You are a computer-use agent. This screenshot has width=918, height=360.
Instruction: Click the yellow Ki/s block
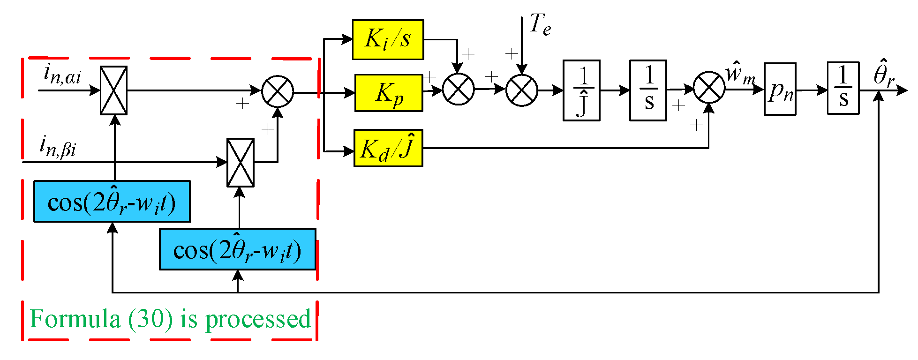tap(388, 39)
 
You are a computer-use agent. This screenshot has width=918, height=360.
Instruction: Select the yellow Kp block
tap(389, 93)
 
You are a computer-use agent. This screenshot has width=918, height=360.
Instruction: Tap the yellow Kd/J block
tap(388, 148)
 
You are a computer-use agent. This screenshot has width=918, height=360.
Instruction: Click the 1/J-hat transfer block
tap(581, 90)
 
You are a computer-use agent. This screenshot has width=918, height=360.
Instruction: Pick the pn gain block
tap(780, 89)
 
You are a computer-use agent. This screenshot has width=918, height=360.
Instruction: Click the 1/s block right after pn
tap(843, 88)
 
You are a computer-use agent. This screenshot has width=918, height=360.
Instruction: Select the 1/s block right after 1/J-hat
tap(648, 90)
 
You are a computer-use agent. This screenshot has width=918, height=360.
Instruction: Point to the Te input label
tap(540, 24)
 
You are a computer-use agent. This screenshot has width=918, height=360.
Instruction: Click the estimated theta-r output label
tap(884, 74)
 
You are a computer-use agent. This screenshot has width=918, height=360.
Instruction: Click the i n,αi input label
tap(62, 75)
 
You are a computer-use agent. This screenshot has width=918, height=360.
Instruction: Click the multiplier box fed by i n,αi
tap(113, 90)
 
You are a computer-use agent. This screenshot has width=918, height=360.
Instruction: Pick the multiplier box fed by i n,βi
tap(240, 162)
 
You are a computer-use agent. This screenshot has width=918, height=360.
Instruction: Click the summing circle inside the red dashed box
tap(278, 91)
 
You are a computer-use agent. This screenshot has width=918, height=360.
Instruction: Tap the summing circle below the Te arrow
tap(521, 90)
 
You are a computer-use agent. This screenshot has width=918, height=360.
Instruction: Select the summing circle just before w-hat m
tap(709, 88)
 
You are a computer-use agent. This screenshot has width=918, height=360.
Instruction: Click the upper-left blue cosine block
tap(112, 202)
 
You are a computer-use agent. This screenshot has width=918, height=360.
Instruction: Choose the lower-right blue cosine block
tap(237, 249)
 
